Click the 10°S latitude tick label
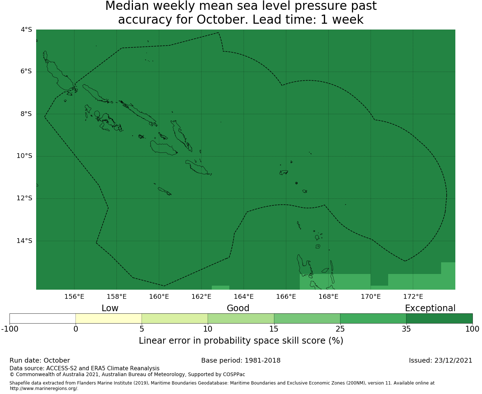point(24,156)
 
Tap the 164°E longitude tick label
point(244,297)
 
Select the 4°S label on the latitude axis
point(26,30)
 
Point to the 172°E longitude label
point(413,297)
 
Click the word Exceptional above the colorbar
point(430,308)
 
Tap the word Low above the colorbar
point(110,308)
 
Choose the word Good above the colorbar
point(238,308)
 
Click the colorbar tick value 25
point(340,329)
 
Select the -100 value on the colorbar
point(9,329)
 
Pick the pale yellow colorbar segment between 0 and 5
point(108,318)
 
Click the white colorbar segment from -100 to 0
point(42,318)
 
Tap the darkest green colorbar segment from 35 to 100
point(439,318)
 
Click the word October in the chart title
point(222,20)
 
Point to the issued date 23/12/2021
point(453,360)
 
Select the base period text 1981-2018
point(263,360)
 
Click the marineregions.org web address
point(44,389)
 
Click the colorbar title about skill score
point(241,340)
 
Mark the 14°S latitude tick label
point(24,241)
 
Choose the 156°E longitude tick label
point(74,297)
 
